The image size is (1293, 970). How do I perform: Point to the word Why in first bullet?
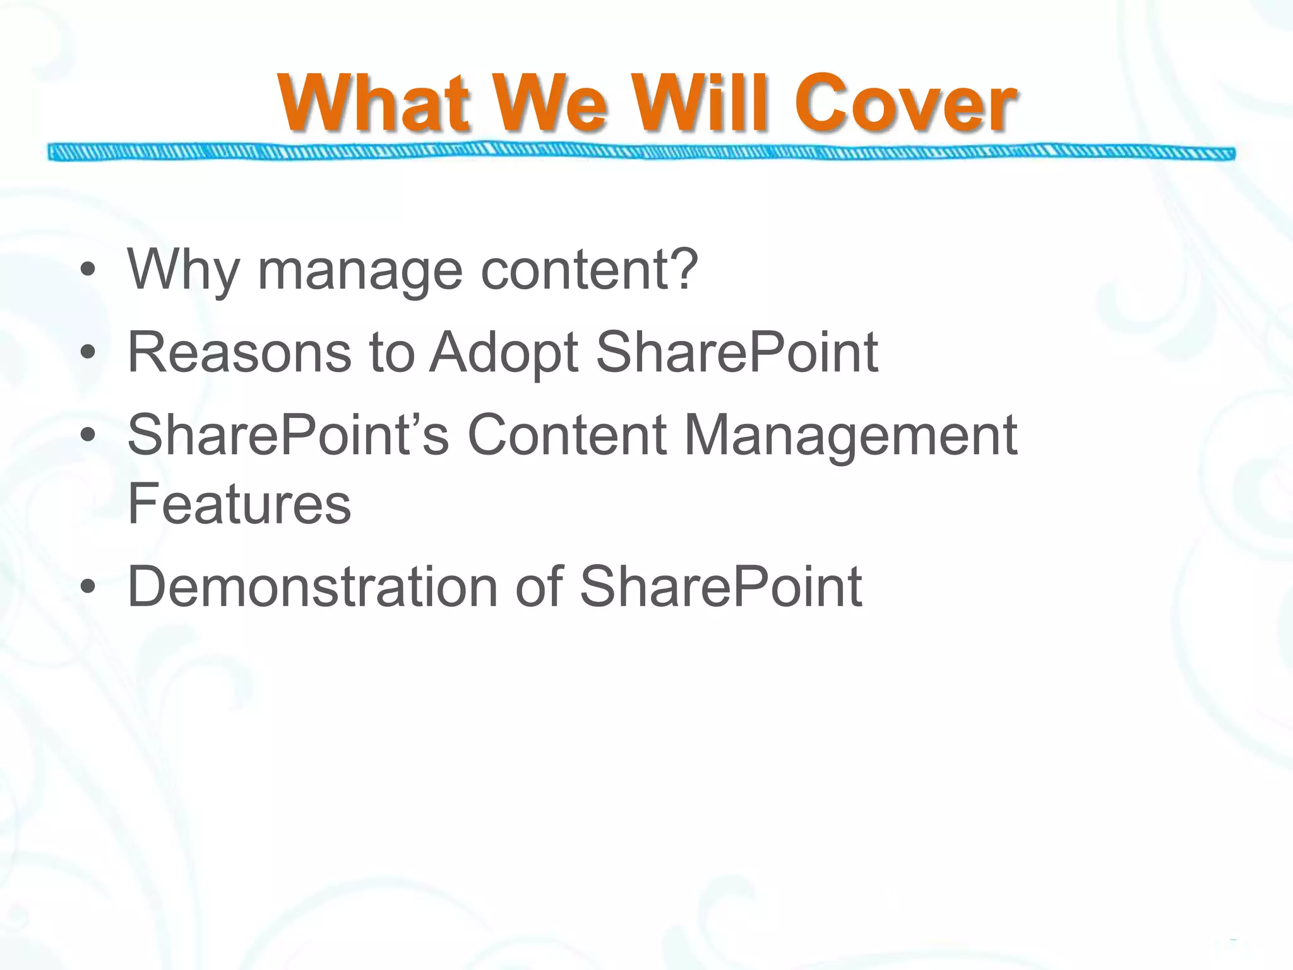tap(183, 270)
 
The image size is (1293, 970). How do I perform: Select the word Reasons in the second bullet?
tap(239, 352)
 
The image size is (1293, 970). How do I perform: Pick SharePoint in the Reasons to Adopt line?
tap(736, 352)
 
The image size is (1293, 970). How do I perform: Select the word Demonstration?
tap(313, 587)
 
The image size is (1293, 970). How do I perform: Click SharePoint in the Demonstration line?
tap(720, 587)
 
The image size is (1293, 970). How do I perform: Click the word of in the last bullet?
tap(539, 587)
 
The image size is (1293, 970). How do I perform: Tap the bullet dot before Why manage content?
tap(88, 271)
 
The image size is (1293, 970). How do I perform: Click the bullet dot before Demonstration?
tap(88, 587)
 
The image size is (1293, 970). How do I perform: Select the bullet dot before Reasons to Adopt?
tap(88, 353)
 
